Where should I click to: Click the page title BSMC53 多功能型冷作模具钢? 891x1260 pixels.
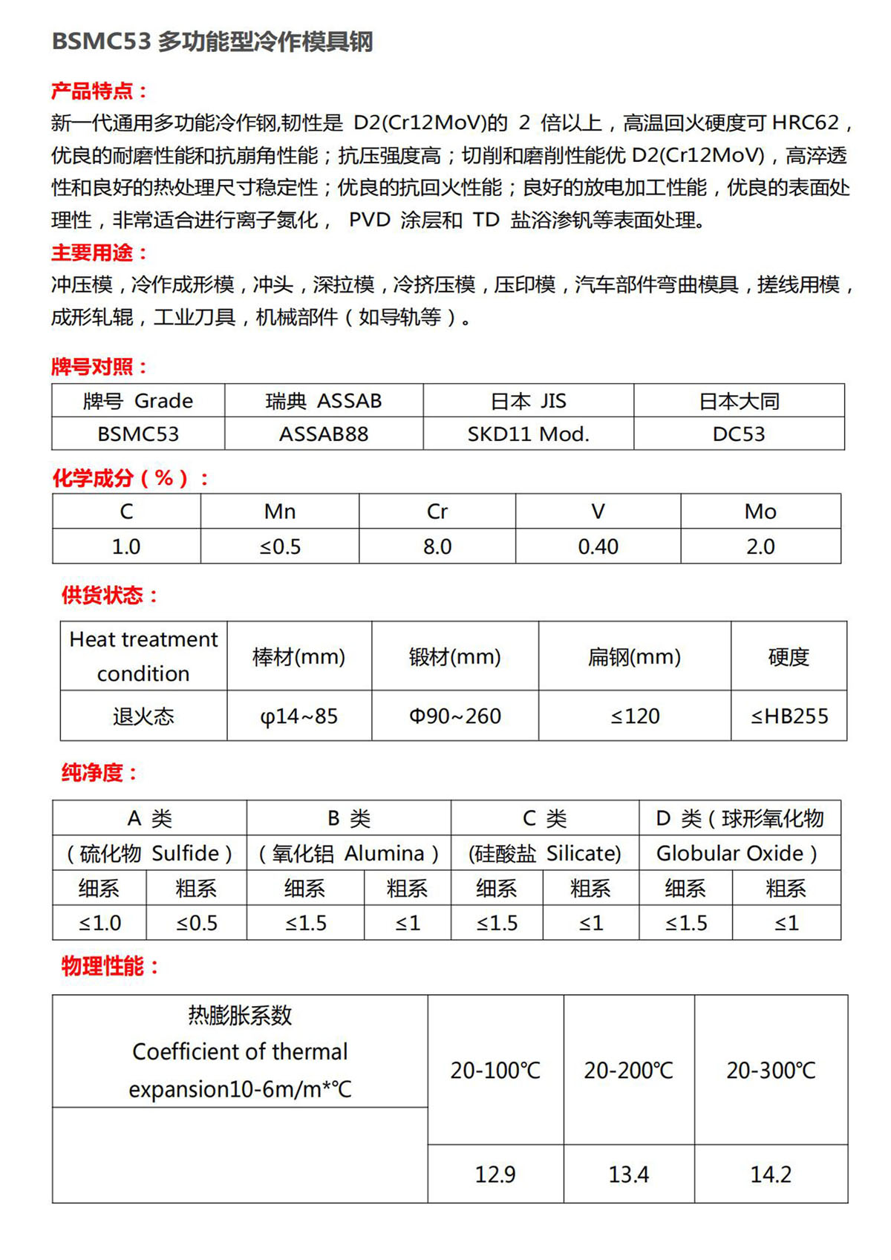[212, 42]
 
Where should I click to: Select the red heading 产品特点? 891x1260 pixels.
[99, 91]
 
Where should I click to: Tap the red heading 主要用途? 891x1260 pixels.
[99, 253]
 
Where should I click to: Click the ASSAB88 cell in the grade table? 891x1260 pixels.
[324, 434]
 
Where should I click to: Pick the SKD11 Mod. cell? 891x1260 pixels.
[528, 434]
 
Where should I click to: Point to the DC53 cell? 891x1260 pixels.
[739, 434]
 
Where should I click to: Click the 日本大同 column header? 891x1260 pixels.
[739, 402]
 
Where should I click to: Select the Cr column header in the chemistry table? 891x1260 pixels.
[437, 512]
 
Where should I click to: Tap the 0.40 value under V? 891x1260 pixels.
[598, 547]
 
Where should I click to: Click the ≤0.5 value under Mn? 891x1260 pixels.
[280, 547]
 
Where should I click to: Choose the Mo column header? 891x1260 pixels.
[760, 512]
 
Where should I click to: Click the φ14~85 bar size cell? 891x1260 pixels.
[299, 716]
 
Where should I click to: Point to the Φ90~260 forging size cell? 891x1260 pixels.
[455, 716]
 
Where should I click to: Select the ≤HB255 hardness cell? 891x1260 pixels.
[789, 716]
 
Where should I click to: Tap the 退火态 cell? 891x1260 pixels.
[143, 716]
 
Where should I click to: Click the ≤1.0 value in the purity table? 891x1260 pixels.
[100, 924]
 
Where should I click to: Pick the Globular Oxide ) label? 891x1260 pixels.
[737, 854]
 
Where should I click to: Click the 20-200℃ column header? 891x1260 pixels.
[629, 1071]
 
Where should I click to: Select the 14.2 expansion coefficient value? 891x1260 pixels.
[771, 1175]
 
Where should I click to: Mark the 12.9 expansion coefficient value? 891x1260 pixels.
[495, 1175]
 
